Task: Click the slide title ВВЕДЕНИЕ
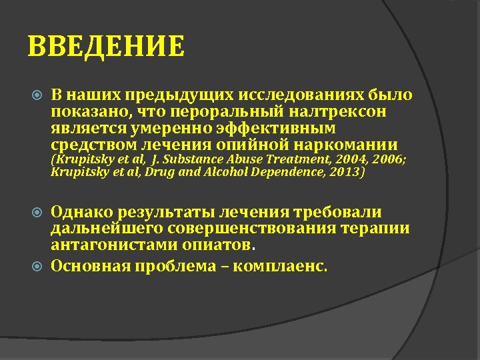[107, 46]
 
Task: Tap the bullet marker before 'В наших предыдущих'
[37, 96]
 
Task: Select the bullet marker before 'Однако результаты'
[37, 213]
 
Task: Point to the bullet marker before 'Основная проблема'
[37, 267]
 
